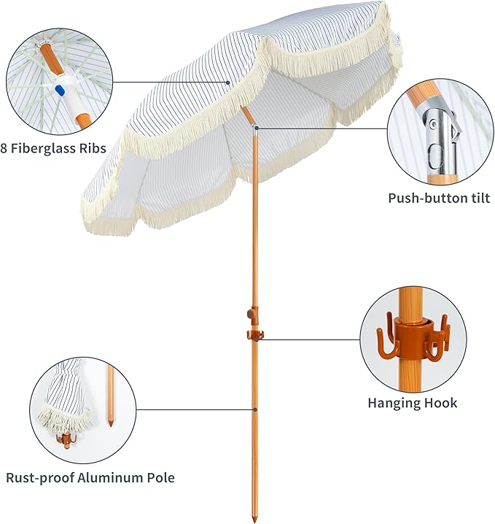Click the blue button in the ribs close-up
tap(60, 90)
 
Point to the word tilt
tap(480, 198)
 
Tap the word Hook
tap(439, 403)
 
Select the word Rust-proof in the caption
tap(40, 478)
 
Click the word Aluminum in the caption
tap(111, 477)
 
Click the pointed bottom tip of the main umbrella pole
tap(254, 520)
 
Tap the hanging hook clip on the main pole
tap(255, 334)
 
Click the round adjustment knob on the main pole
tap(250, 314)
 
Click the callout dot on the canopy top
tap(228, 82)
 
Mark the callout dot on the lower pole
tap(254, 409)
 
